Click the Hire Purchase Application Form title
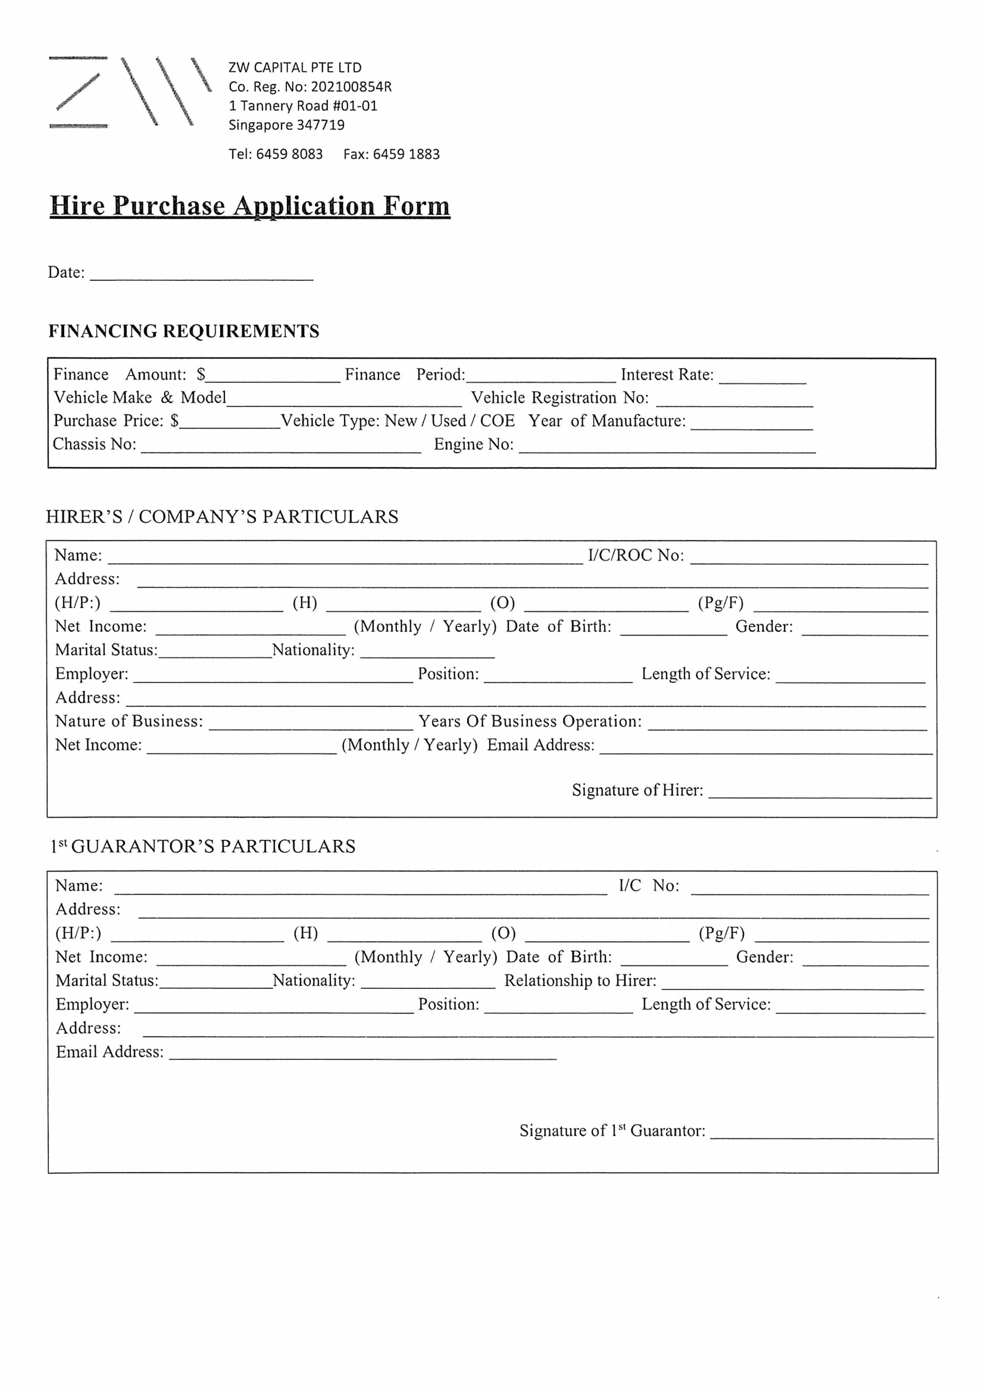point(250,206)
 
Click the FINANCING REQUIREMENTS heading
point(184,331)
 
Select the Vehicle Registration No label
point(560,398)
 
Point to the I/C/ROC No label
point(636,555)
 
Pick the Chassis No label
point(95,444)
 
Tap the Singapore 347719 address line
point(286,125)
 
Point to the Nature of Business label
point(129,721)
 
